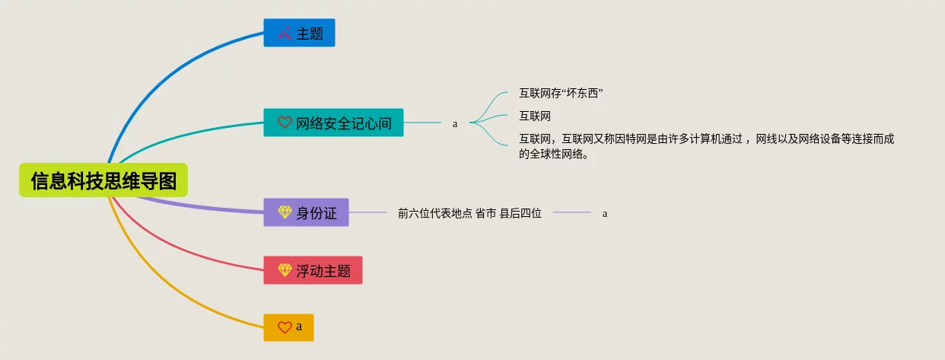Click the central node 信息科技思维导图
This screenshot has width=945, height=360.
click(103, 180)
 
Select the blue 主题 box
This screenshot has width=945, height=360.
click(299, 33)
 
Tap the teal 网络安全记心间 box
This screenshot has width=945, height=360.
click(333, 123)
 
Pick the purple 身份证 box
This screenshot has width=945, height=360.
click(306, 212)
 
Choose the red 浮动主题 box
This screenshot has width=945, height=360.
click(313, 270)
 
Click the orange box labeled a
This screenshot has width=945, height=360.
click(288, 327)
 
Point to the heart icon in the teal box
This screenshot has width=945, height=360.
click(285, 123)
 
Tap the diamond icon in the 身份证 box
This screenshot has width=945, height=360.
click(285, 212)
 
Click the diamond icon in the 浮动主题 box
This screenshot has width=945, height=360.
click(285, 270)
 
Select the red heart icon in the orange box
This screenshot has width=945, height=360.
click(285, 327)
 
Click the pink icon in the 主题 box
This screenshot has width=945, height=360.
click(285, 33)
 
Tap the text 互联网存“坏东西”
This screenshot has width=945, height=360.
click(561, 94)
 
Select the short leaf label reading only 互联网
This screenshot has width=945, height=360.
click(535, 116)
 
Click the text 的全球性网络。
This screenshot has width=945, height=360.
click(553, 154)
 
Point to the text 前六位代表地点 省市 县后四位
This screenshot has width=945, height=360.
click(469, 213)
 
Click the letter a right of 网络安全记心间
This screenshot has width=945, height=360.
click(455, 123)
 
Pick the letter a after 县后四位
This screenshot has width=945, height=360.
click(605, 214)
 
